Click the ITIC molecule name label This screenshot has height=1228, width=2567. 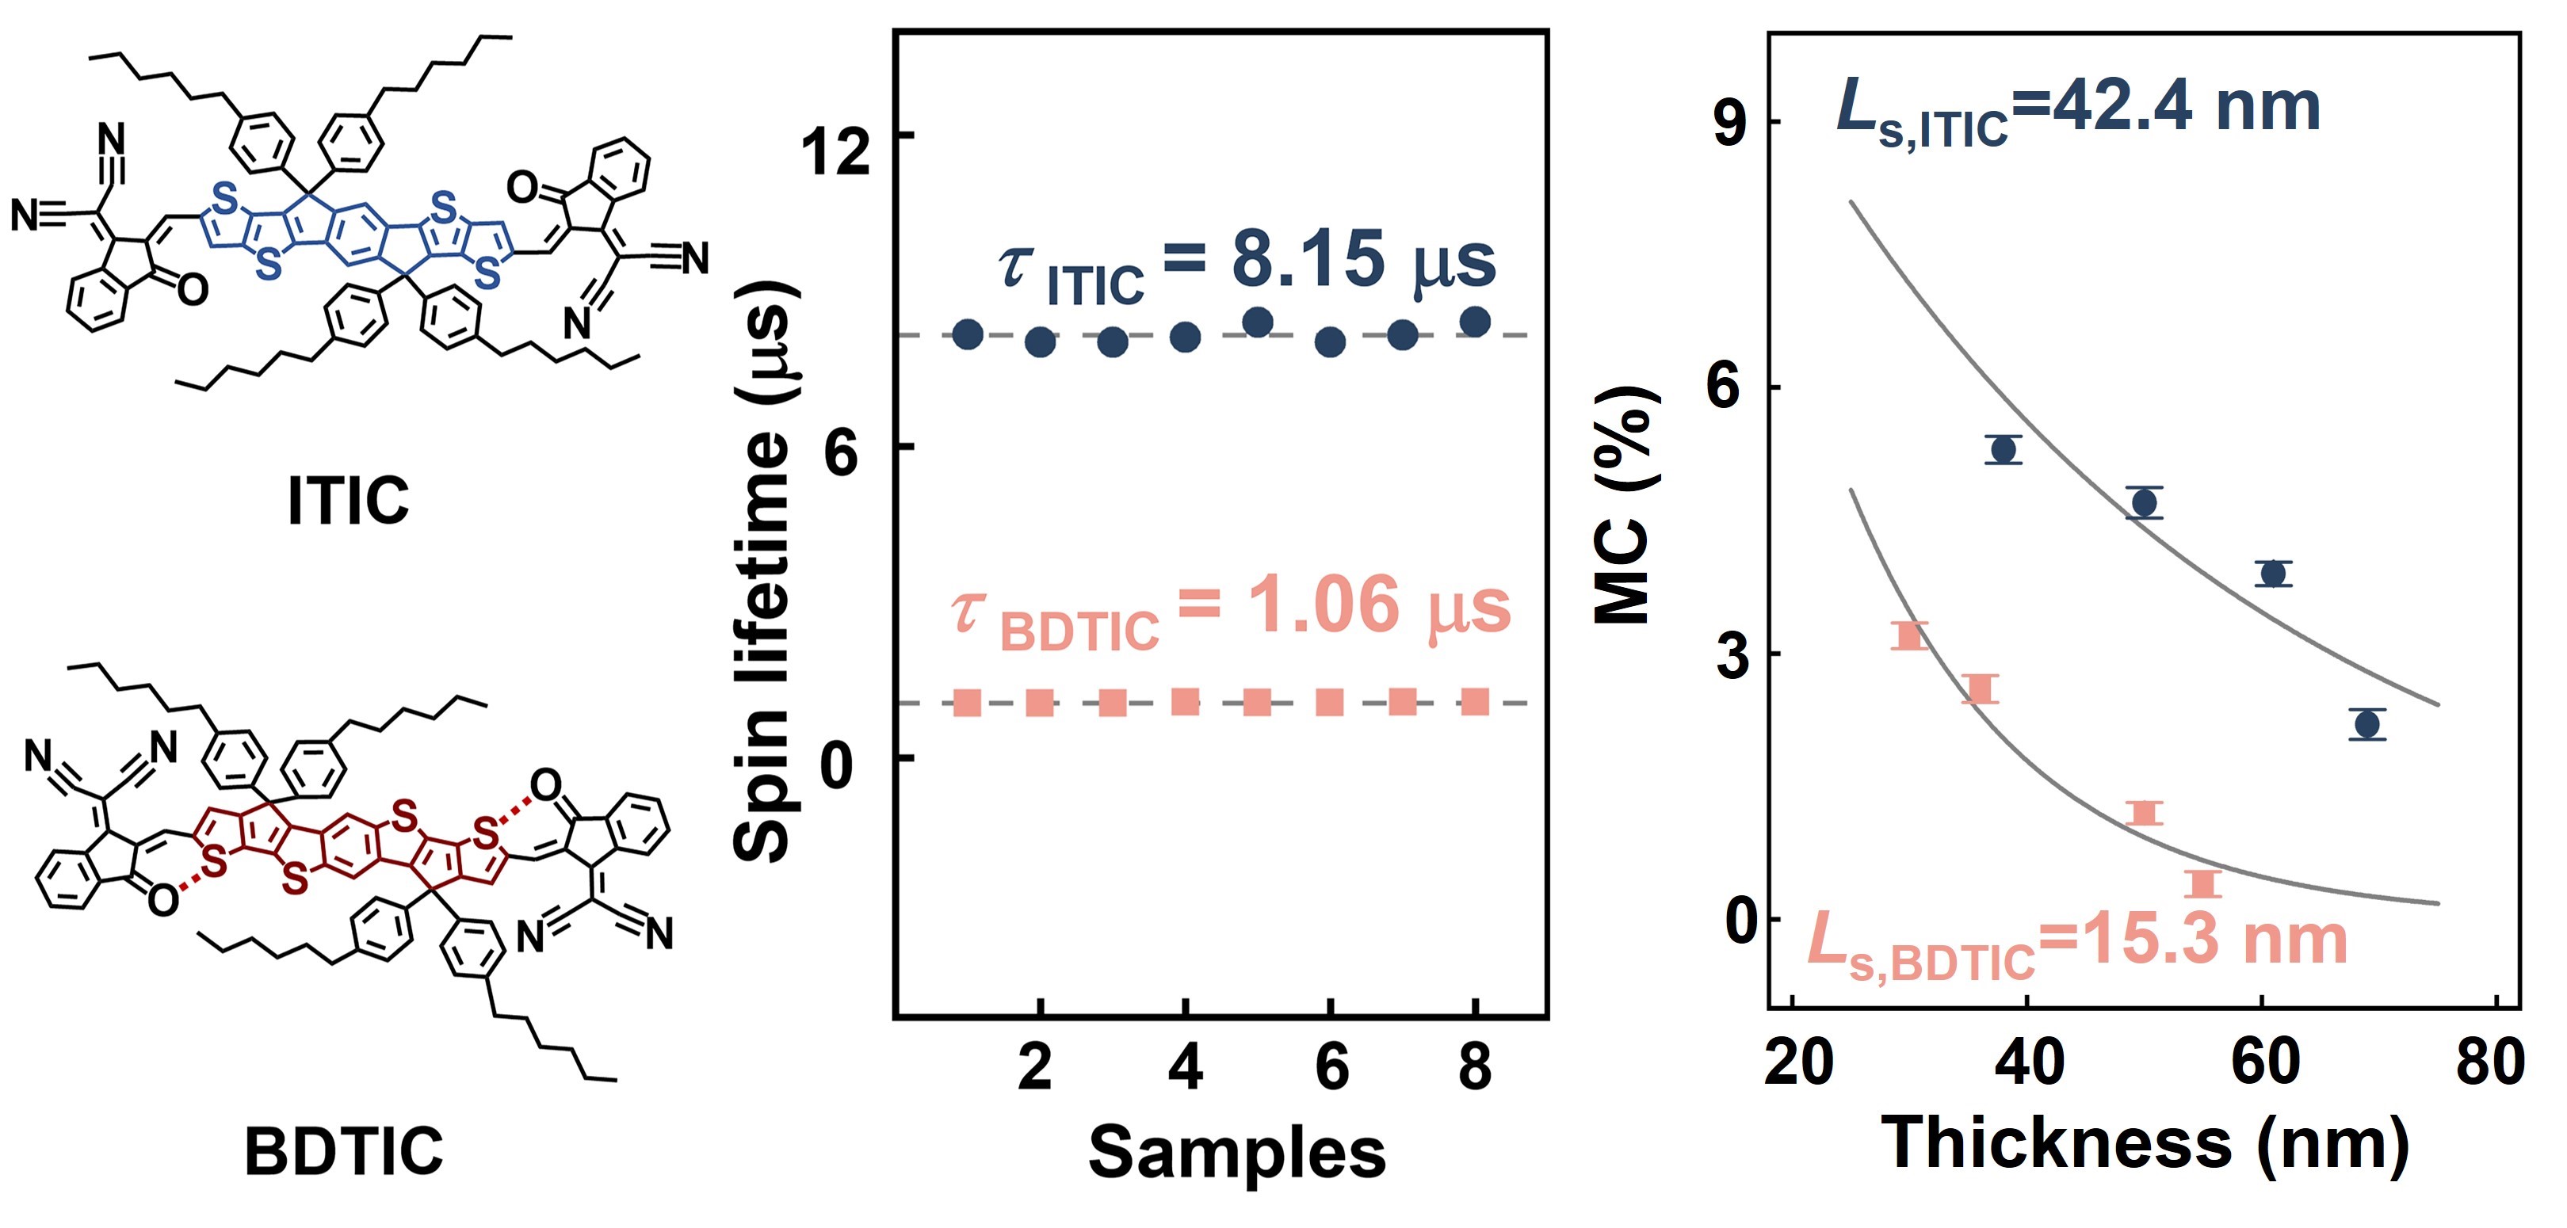[x=348, y=500]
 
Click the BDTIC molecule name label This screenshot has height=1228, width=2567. [x=344, y=1151]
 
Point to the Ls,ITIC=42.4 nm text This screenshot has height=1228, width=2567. [x=2078, y=112]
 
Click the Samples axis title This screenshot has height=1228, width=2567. [x=1236, y=1154]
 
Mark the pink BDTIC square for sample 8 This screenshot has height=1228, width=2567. [x=1475, y=702]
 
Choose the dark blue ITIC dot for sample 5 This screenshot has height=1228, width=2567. [x=1258, y=322]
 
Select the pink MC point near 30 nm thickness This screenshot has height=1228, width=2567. [x=1909, y=635]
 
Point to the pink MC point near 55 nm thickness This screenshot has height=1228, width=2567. [x=2203, y=883]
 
